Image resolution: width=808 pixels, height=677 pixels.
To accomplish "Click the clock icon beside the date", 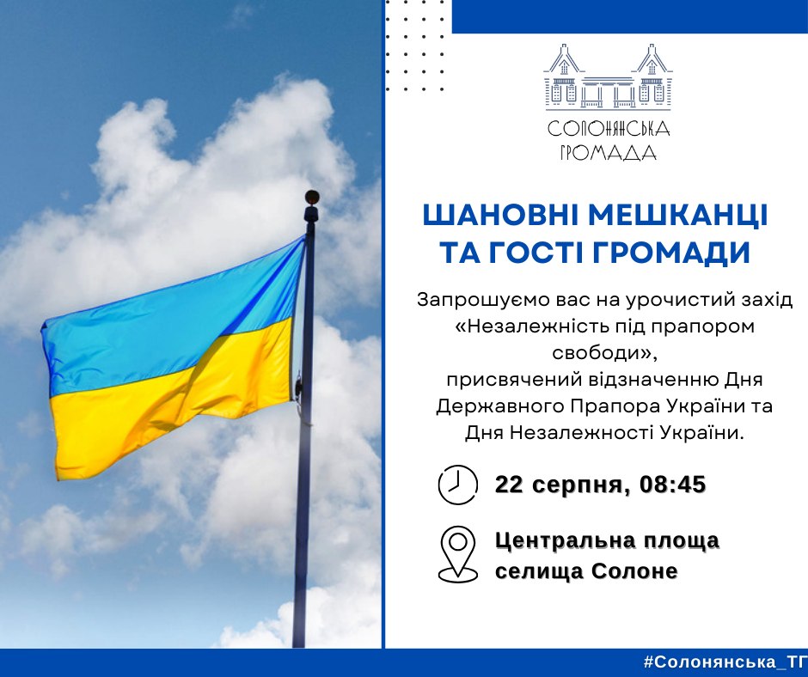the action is click(457, 485).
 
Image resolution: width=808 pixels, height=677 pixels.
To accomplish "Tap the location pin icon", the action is click(457, 554).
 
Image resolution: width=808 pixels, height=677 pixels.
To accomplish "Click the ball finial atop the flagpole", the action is click(312, 196).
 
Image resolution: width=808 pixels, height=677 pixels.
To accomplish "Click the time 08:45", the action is click(672, 485).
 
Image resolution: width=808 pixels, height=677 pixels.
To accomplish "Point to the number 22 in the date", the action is click(509, 485).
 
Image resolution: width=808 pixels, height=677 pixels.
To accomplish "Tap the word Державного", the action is click(500, 406).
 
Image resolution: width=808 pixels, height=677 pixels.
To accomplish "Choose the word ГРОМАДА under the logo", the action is click(608, 153).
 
